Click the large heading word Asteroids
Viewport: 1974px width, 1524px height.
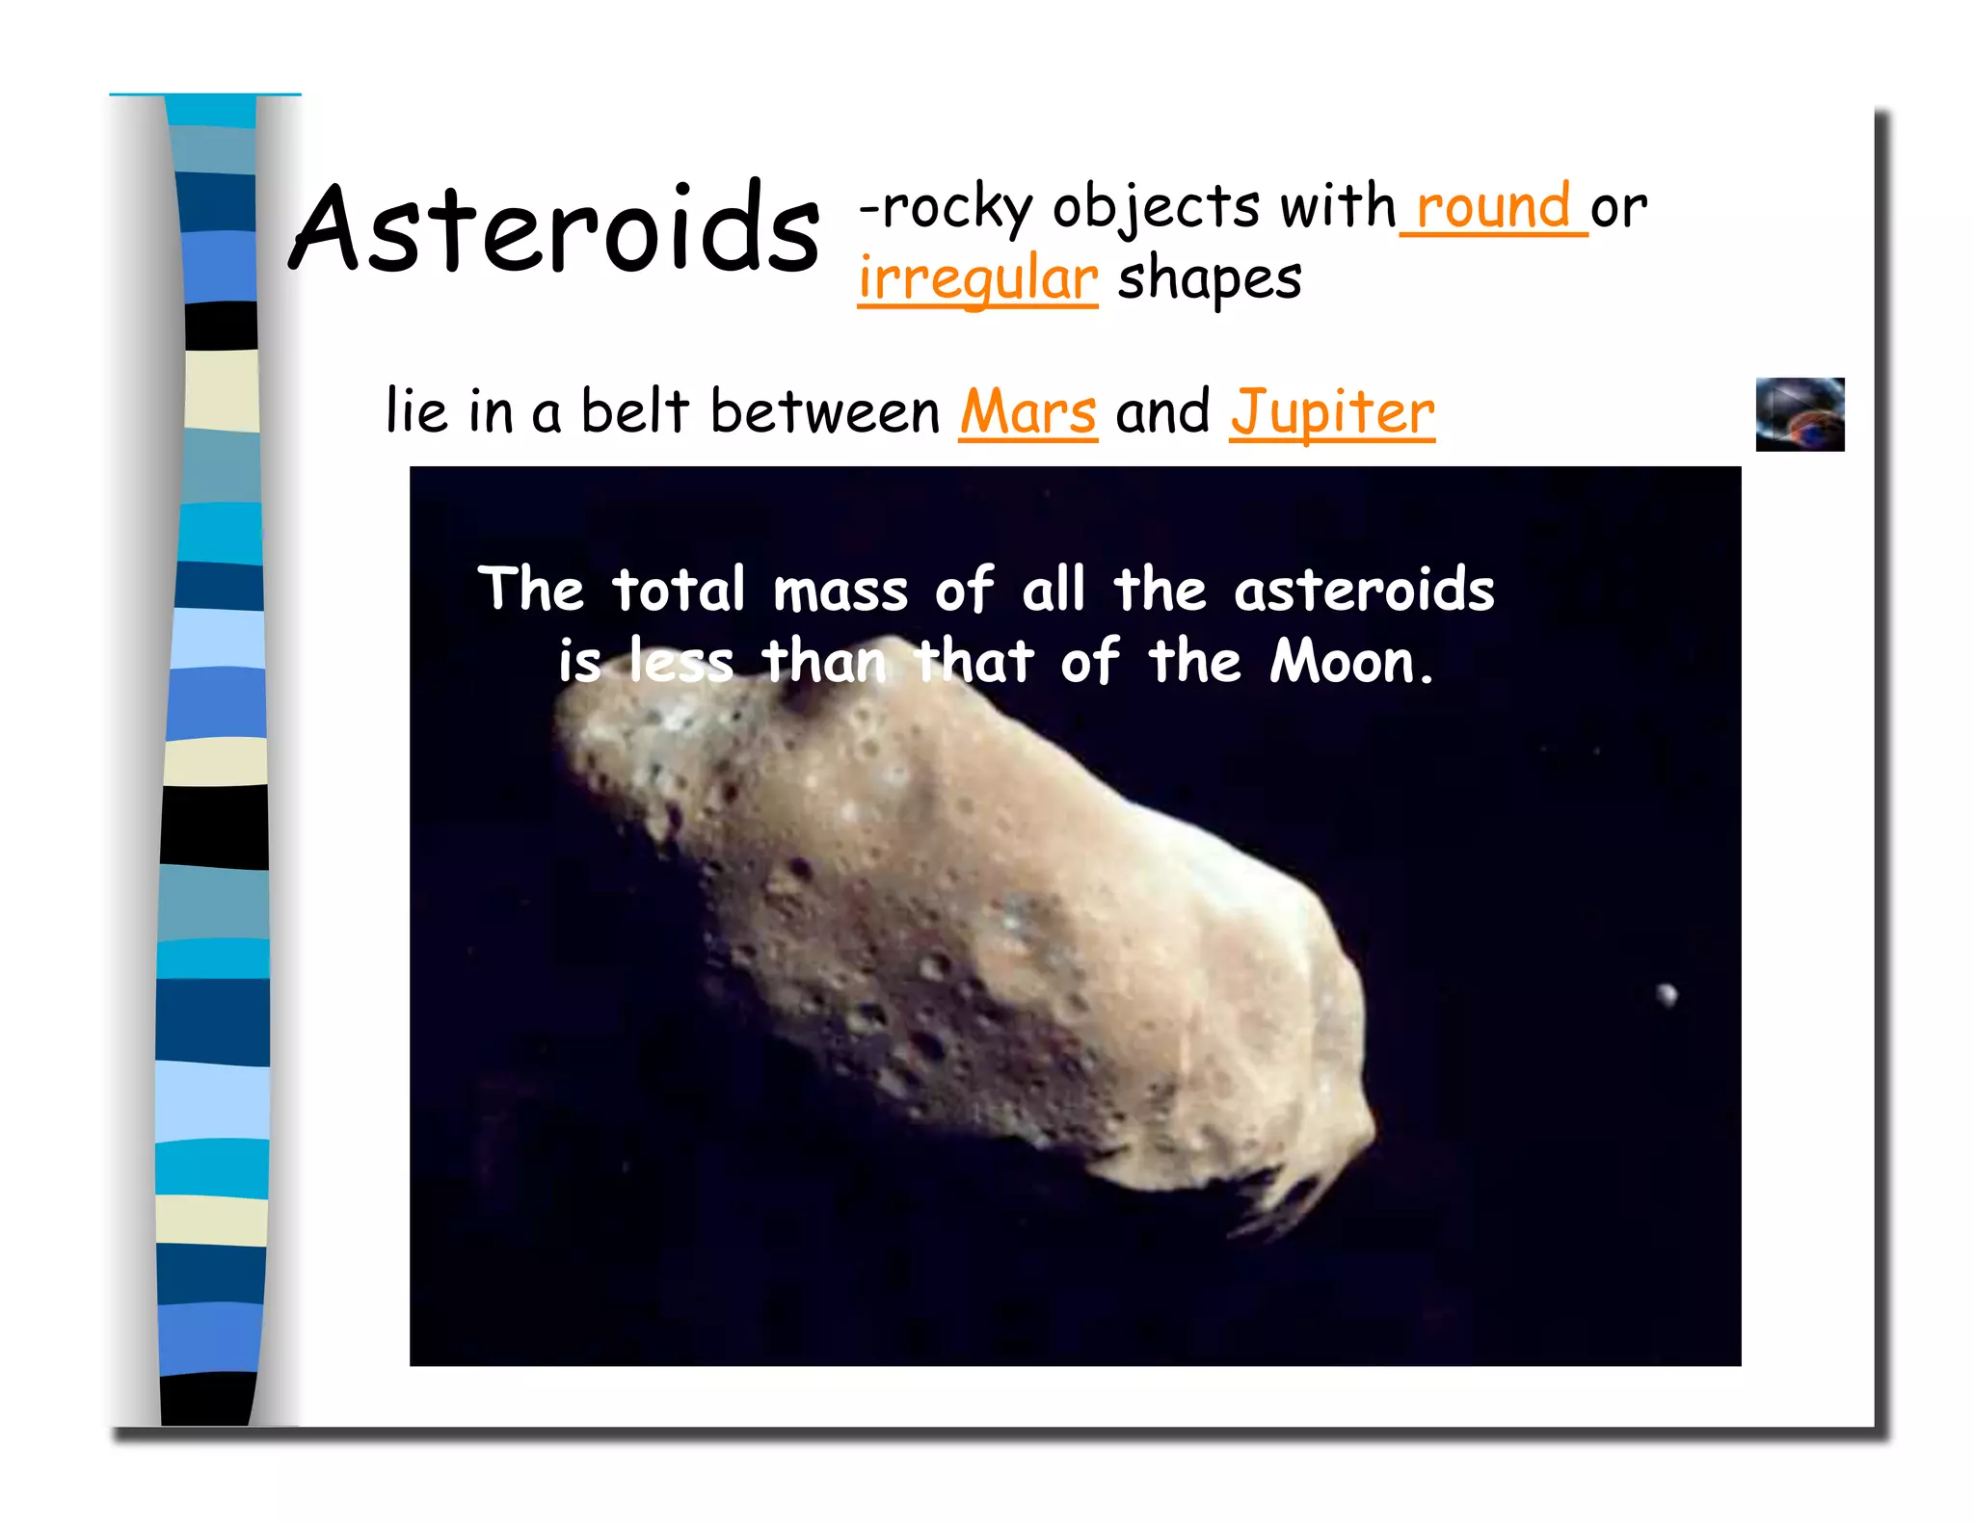coord(554,229)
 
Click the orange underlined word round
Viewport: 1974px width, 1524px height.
coord(1492,207)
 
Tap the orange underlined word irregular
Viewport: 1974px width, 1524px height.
coord(977,279)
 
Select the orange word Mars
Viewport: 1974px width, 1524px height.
coord(1027,412)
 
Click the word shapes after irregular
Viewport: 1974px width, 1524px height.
coord(1209,279)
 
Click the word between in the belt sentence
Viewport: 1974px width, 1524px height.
coord(824,412)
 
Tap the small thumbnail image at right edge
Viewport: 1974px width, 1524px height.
coord(1799,414)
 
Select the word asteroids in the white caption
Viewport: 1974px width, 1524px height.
coord(1363,590)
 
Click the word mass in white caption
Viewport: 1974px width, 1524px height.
coord(840,591)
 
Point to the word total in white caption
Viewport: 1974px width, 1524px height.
coord(678,590)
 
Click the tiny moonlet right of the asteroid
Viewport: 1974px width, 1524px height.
coord(1667,993)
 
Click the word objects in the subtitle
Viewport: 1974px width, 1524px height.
coord(1155,208)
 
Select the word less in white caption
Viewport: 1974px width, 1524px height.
coord(680,663)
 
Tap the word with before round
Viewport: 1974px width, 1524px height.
coord(1337,207)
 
